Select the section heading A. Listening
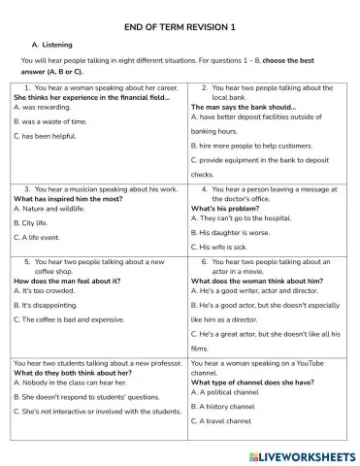coord(53,45)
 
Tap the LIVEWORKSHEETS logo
coord(301,454)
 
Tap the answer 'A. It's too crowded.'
coord(48,290)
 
